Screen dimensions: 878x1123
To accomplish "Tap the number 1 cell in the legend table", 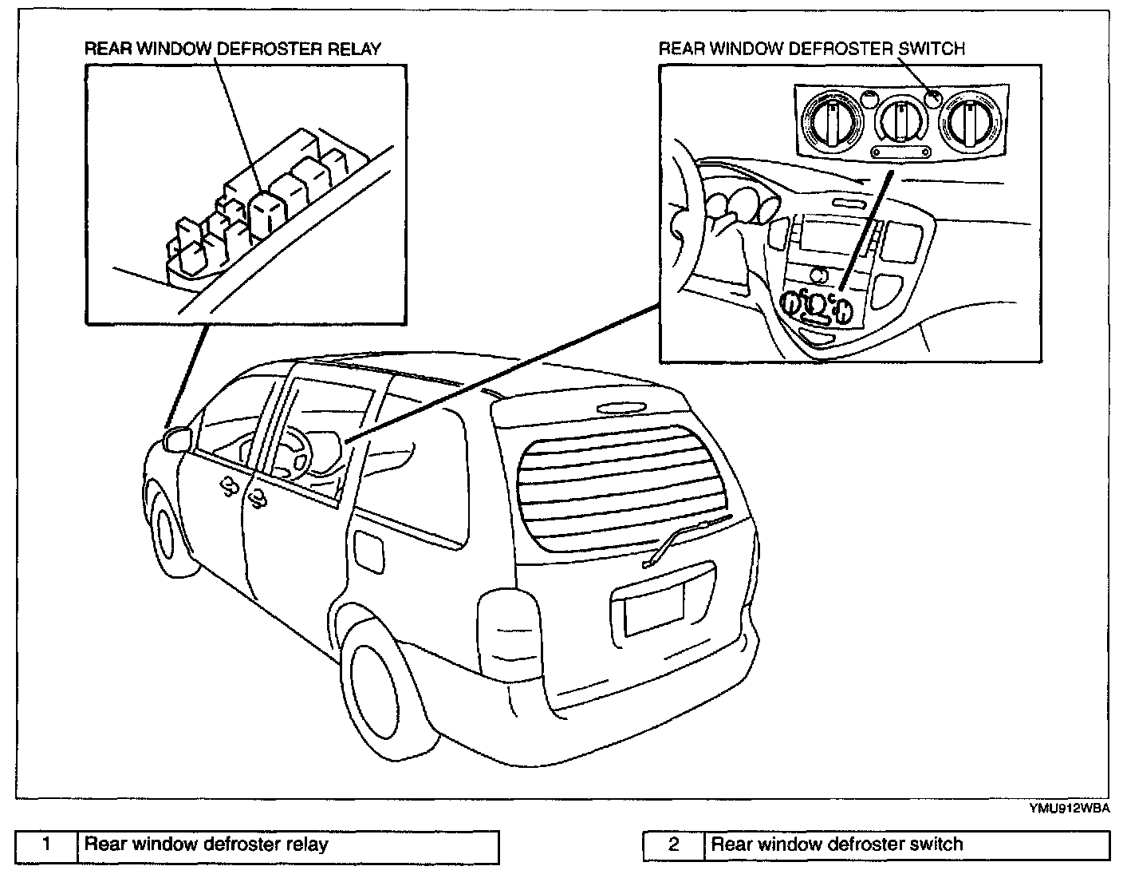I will (47, 844).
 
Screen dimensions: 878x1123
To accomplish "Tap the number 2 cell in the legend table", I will (674, 844).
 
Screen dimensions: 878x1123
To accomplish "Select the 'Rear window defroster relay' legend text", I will (207, 844).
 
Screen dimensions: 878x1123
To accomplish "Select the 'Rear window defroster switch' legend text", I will (837, 844).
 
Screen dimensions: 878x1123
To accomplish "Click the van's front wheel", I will (168, 533).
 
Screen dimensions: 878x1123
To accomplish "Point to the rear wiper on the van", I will (684, 539).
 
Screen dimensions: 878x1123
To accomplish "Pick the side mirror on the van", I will (176, 439).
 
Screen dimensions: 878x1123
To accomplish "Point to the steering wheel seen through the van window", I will (290, 450).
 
